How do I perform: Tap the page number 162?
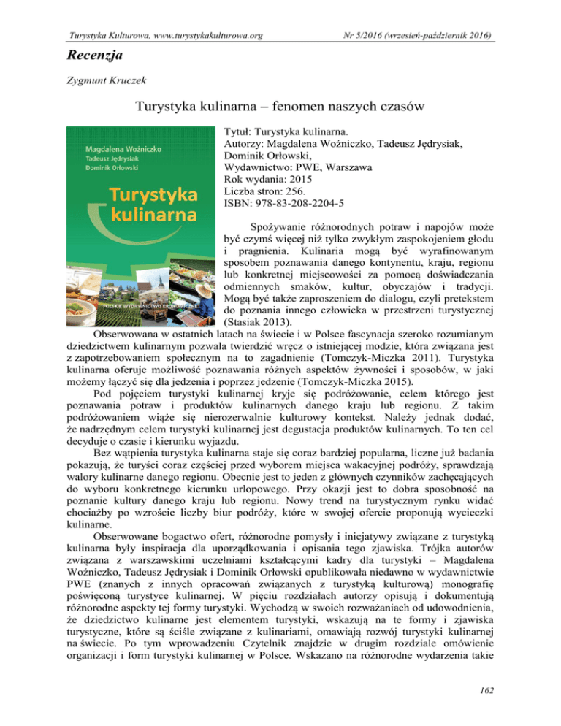541,708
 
